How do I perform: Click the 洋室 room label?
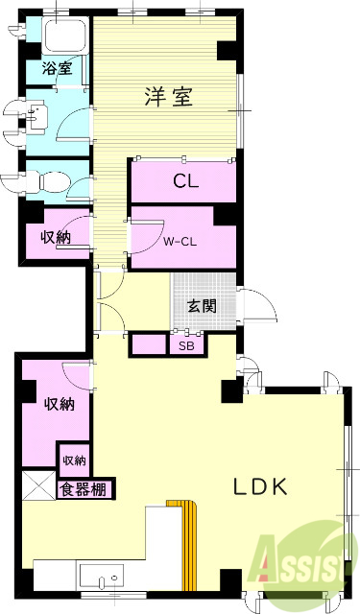(170, 96)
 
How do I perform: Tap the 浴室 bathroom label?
(56, 69)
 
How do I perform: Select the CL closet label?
(185, 182)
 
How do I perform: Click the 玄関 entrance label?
(201, 307)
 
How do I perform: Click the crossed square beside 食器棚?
(38, 487)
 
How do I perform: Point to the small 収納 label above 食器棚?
(74, 460)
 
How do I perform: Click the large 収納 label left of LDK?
(58, 404)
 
